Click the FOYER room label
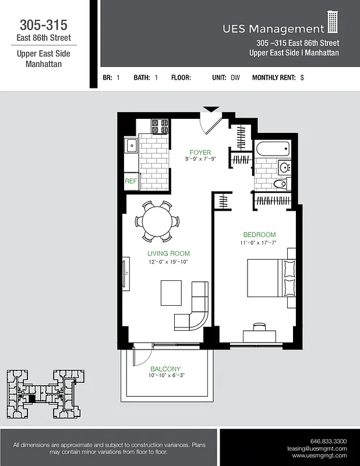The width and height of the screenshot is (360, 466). (x=200, y=153)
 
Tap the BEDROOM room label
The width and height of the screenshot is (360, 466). (x=259, y=235)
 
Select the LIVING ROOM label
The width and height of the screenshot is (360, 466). (x=168, y=254)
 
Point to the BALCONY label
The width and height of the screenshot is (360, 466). (x=165, y=369)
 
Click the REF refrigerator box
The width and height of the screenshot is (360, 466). (x=130, y=181)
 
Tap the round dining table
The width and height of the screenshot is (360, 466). (x=157, y=221)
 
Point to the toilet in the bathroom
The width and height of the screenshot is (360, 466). (x=281, y=184)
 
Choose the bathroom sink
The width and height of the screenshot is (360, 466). (x=284, y=168)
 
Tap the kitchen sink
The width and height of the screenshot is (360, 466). (x=130, y=146)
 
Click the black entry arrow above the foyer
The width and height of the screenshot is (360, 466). (x=211, y=109)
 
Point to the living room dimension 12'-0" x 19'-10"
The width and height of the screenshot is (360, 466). (x=168, y=262)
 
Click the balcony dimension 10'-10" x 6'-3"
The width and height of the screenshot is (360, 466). (x=165, y=376)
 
